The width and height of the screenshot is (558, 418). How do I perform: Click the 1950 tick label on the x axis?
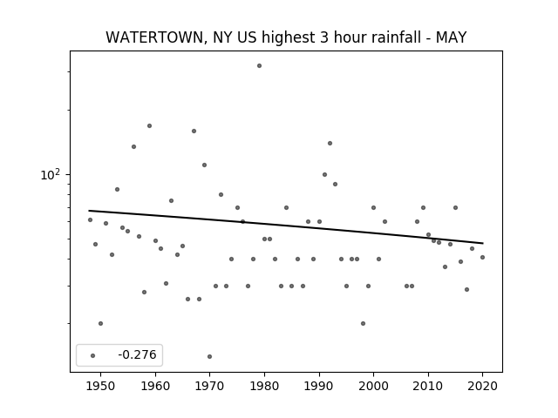coord(101,386)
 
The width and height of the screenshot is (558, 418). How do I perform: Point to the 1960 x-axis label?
coord(155,386)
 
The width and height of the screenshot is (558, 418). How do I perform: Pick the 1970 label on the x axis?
coord(210,386)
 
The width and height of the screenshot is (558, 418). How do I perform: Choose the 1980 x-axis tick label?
coord(264,386)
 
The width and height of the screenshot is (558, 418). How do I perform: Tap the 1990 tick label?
coord(319,386)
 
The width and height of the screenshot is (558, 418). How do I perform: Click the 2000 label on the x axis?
coord(374,386)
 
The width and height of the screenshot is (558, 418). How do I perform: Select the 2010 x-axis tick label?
coord(428,386)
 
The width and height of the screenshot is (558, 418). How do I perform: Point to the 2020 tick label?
coord(482,386)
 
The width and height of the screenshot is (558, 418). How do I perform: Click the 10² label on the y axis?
coord(51,174)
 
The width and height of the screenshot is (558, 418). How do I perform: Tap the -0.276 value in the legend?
coord(137,354)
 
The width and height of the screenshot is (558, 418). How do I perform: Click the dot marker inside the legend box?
coord(93,355)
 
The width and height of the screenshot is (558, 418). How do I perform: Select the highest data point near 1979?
coord(260,66)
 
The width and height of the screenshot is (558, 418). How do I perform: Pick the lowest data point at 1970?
coord(209,356)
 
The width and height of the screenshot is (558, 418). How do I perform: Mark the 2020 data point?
coord(482,258)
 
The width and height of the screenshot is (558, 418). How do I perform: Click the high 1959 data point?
coord(149,125)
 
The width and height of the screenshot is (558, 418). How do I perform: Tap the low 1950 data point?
coord(101,323)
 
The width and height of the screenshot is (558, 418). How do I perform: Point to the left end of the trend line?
coord(89,211)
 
